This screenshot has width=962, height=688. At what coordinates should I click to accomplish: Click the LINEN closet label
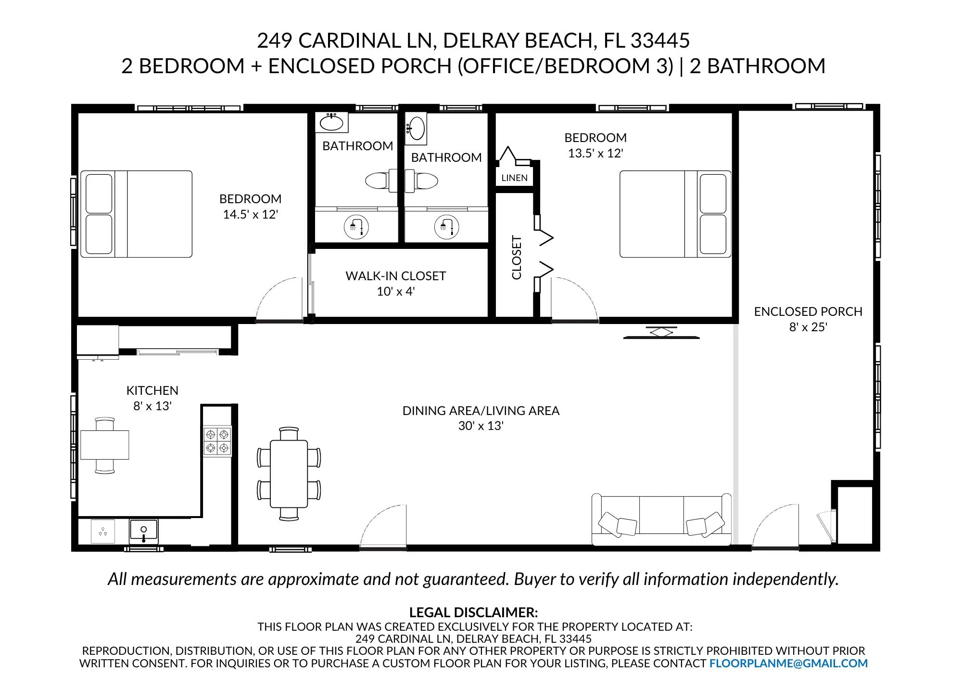[514, 178]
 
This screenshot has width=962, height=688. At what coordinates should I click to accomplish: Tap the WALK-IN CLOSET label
[395, 276]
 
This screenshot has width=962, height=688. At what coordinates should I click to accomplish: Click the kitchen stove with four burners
[217, 441]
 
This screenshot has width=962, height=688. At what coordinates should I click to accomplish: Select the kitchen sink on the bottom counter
[143, 532]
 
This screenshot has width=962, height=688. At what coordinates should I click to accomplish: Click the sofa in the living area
[661, 520]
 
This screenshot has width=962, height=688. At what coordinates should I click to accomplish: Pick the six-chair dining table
[289, 474]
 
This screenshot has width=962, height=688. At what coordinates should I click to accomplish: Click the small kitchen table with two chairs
[105, 445]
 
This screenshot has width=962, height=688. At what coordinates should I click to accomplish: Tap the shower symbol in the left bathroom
[356, 227]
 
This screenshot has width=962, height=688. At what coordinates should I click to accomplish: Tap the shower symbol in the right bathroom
[446, 227]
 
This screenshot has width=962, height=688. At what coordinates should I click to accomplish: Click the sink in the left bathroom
[331, 122]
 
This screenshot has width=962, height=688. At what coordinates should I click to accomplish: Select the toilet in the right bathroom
[421, 181]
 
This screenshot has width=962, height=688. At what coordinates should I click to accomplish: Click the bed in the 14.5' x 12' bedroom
[136, 214]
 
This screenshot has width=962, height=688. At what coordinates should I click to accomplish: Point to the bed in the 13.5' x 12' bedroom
[675, 214]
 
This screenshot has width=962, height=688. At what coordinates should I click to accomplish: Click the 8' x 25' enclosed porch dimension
[808, 327]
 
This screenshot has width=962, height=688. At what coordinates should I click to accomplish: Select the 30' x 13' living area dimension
[481, 426]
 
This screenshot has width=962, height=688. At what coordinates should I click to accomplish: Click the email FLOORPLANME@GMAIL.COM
[788, 663]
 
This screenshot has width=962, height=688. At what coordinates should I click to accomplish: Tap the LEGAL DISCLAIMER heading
[473, 612]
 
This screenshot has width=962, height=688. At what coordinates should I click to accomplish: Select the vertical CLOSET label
[517, 257]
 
